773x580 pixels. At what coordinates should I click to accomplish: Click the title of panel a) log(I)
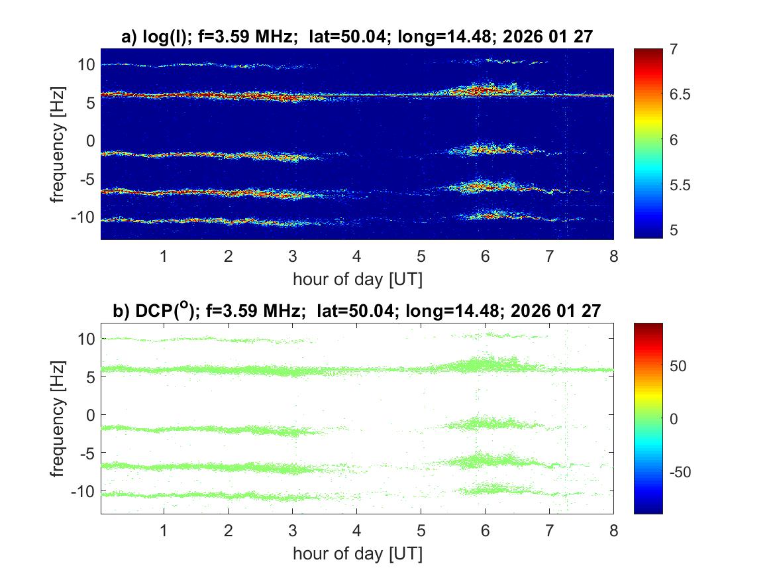(x=357, y=38)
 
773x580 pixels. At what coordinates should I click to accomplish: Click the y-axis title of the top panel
(x=60, y=144)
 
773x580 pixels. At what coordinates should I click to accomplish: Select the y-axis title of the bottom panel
(x=60, y=418)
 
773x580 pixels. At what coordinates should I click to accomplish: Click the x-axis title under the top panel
(x=357, y=279)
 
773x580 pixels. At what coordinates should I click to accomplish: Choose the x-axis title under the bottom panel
(x=357, y=553)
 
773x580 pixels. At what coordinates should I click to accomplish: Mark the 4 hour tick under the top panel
(x=357, y=257)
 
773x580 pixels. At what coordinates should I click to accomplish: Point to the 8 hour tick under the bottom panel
(x=613, y=531)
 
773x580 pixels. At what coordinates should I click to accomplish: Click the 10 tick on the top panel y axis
(x=85, y=64)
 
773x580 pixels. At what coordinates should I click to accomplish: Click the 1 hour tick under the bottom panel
(x=164, y=531)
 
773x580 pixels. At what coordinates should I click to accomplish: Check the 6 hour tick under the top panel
(x=486, y=257)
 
